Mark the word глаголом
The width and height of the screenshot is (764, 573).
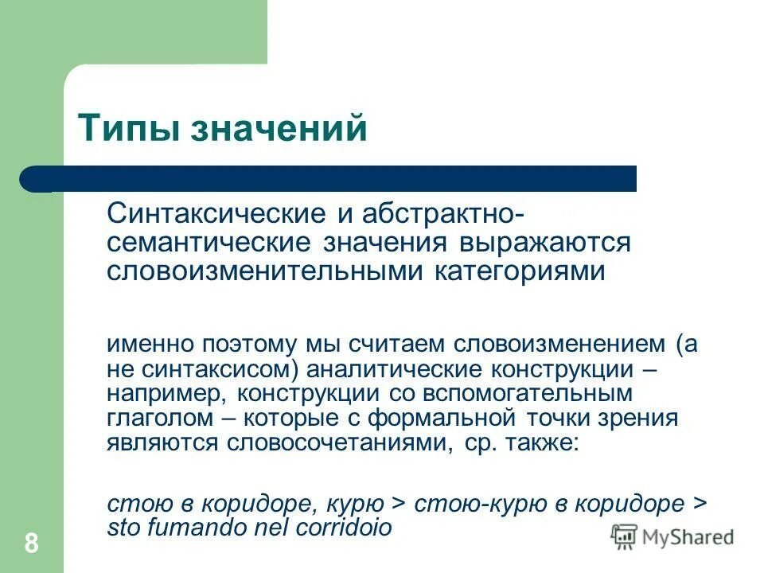(149, 419)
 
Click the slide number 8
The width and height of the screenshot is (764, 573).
(32, 544)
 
